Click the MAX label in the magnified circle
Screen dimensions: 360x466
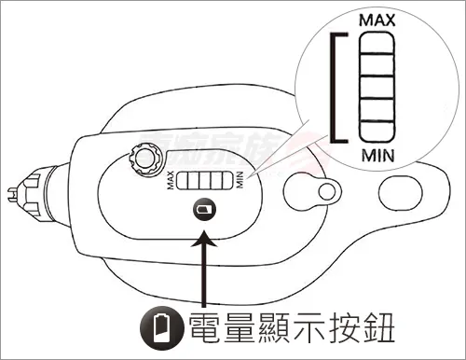(376, 20)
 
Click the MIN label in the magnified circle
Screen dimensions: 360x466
(376, 151)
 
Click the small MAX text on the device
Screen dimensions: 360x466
(172, 181)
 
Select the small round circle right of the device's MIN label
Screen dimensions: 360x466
(323, 193)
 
